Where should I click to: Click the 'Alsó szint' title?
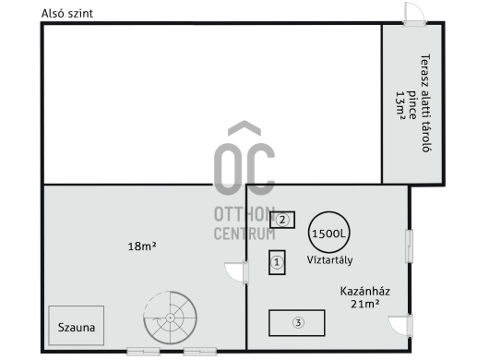click(x=67, y=14)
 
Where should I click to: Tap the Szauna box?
click(x=76, y=325)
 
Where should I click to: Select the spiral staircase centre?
click(x=170, y=318)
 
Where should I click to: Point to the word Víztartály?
click(x=330, y=260)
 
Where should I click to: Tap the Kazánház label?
click(x=364, y=292)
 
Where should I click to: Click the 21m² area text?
click(x=364, y=304)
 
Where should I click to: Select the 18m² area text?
click(x=142, y=246)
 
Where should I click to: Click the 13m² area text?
click(x=400, y=105)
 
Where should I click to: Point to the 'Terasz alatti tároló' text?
click(x=425, y=103)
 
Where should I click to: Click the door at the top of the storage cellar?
click(x=414, y=14)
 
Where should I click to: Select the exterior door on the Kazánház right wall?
click(x=401, y=326)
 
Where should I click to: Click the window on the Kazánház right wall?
click(x=409, y=246)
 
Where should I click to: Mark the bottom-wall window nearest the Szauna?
click(x=143, y=352)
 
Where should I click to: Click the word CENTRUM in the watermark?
click(x=244, y=234)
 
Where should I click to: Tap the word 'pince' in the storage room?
click(x=412, y=105)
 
